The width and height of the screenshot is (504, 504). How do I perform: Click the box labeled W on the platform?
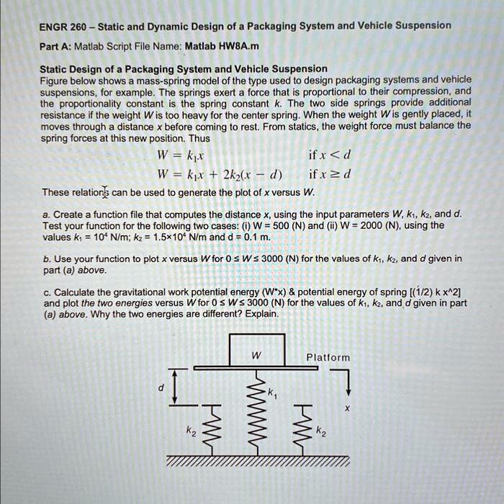click(x=256, y=352)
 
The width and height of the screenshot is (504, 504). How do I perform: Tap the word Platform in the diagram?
click(x=328, y=357)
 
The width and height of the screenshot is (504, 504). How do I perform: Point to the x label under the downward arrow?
click(x=346, y=407)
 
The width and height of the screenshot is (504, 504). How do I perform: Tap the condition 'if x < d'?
click(x=328, y=156)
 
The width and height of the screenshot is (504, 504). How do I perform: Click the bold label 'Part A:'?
click(x=54, y=46)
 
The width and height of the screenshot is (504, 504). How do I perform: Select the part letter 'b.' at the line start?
click(x=47, y=258)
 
